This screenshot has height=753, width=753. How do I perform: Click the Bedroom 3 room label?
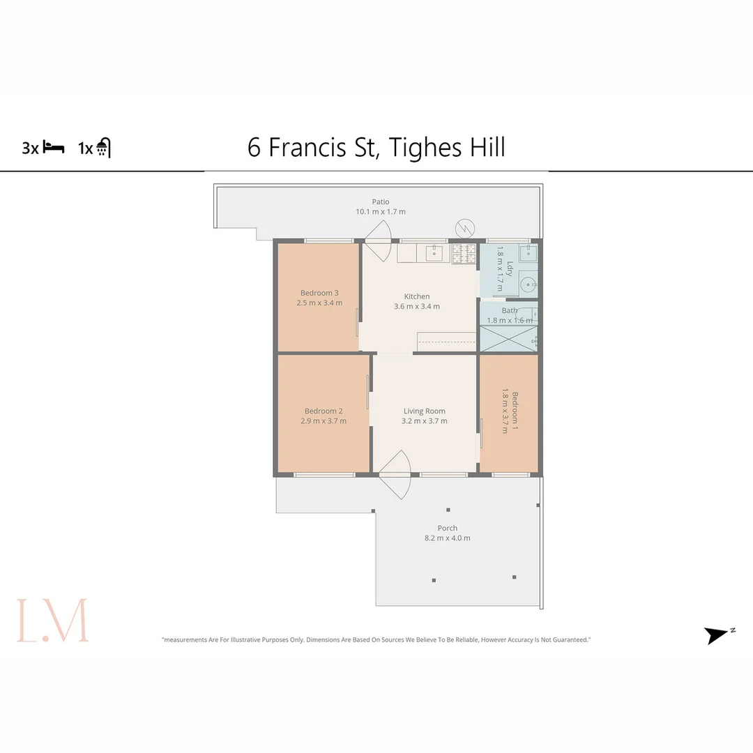coord(321,293)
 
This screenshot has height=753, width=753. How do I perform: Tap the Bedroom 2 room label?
coord(324,411)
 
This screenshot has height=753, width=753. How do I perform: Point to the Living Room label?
coord(424,411)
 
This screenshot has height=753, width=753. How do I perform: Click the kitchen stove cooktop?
coord(464,253)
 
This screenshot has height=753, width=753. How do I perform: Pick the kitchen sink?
coord(433,252)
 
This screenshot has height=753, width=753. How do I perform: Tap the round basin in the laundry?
coord(530,284)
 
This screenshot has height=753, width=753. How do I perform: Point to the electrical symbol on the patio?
coord(464,227)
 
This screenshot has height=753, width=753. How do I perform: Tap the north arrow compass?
coord(718,635)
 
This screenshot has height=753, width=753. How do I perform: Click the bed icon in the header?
coord(54,147)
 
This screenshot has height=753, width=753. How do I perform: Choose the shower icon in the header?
coord(104,148)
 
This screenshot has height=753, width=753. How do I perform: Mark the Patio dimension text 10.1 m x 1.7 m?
coord(381,211)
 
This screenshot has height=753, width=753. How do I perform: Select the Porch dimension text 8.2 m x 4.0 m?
coord(448,538)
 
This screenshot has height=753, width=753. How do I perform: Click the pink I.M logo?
coord(53,620)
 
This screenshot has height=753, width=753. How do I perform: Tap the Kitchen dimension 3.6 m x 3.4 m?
coord(417,306)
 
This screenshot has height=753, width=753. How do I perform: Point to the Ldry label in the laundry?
coord(510,269)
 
